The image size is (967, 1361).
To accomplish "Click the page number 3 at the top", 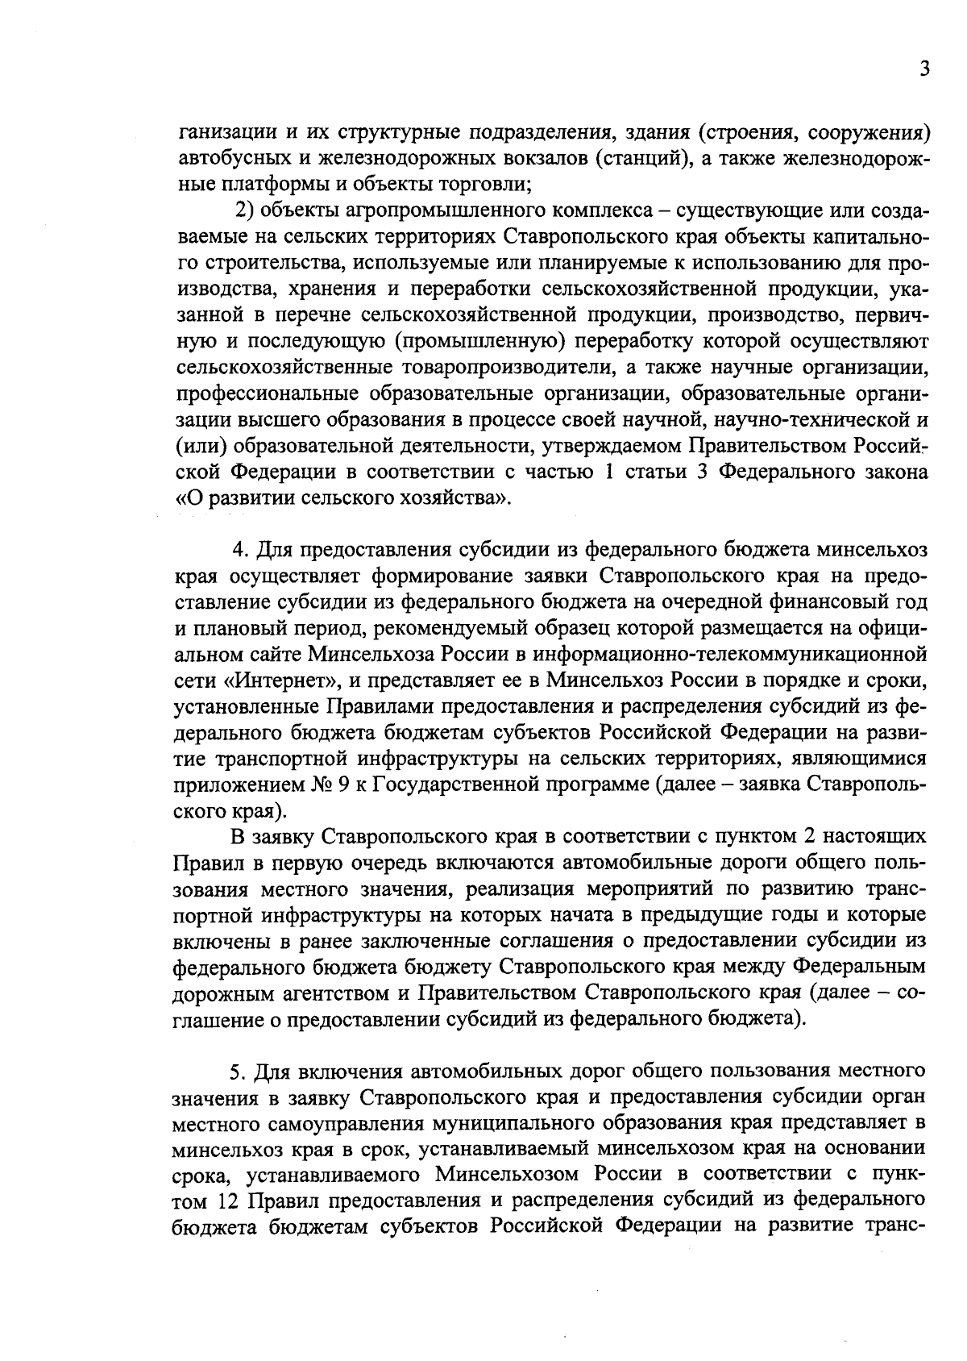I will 925,69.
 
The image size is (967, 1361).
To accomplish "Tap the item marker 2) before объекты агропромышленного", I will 244,211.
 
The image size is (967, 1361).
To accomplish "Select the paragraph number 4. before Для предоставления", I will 239,550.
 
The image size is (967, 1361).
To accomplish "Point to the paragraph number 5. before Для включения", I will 237,1072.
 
